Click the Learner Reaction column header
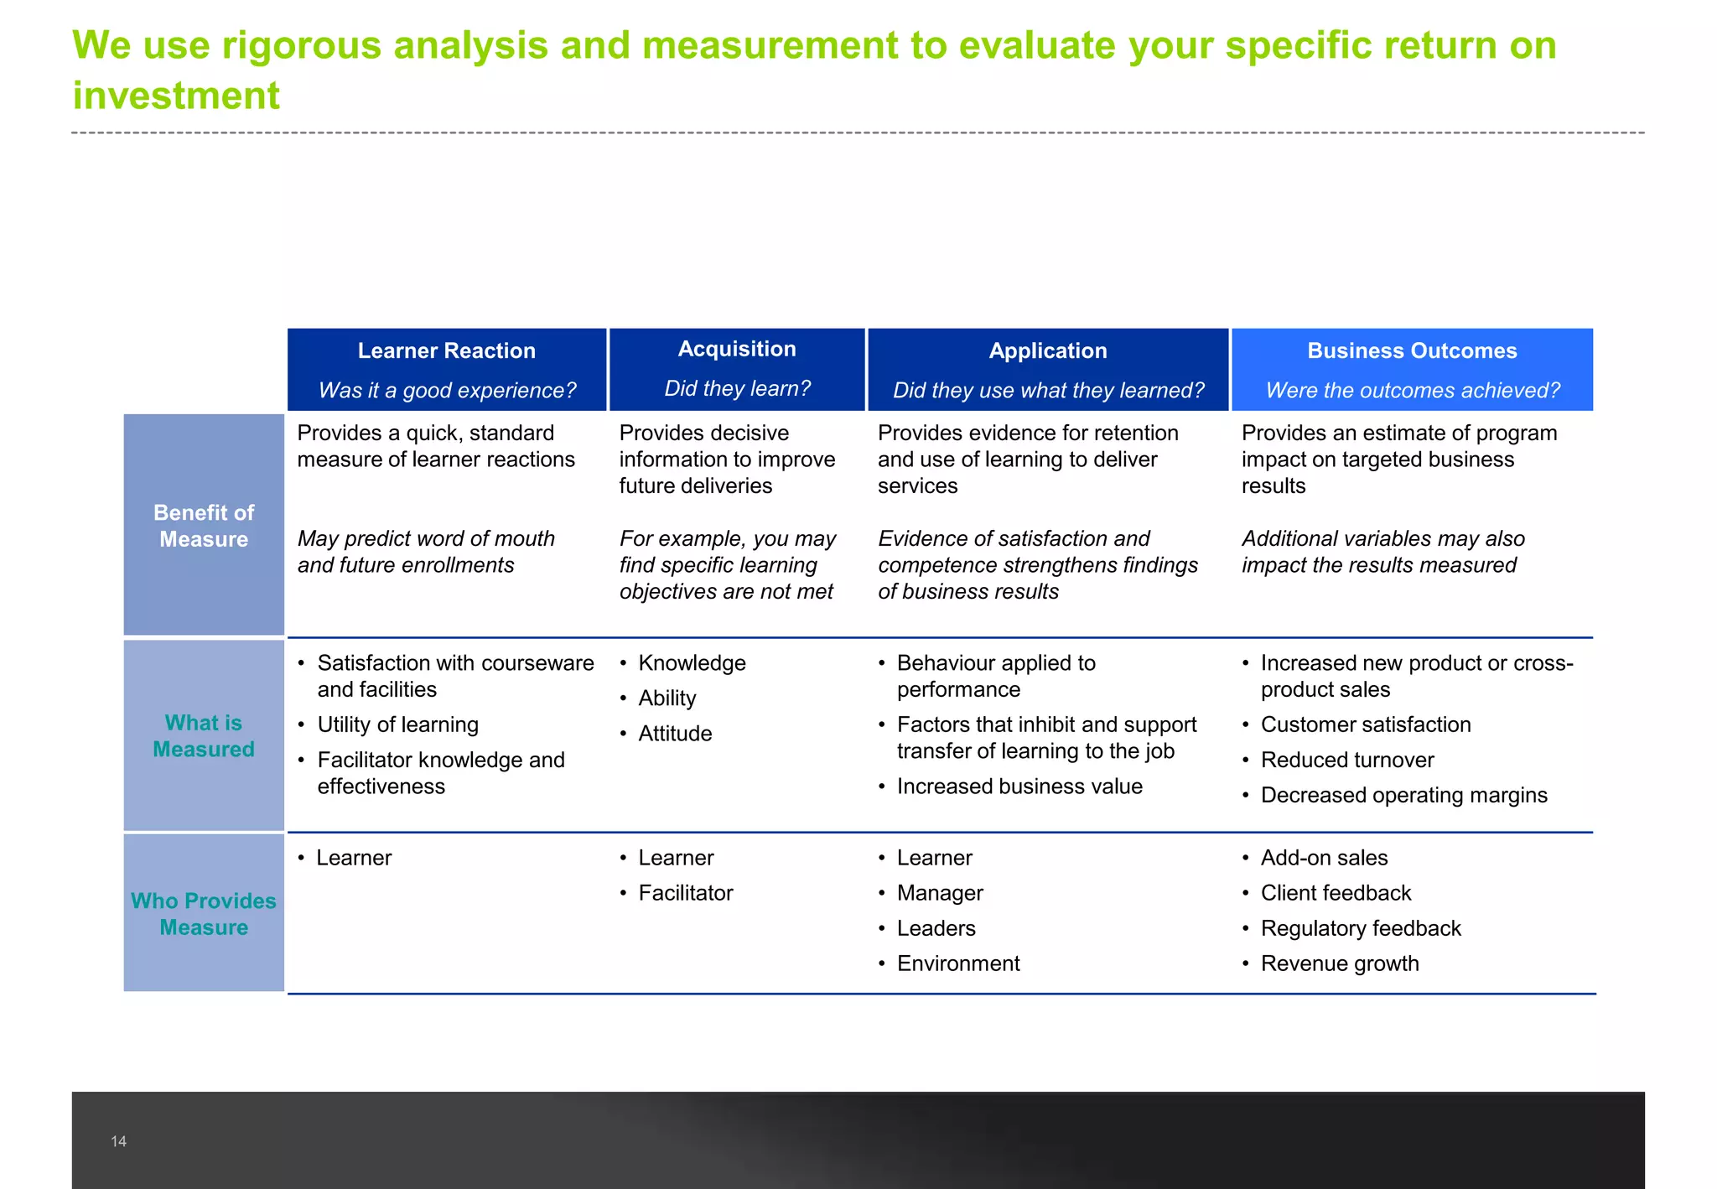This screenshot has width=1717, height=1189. coord(446,351)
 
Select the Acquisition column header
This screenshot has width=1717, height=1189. coord(736,350)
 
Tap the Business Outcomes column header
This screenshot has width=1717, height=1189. coord(1411,351)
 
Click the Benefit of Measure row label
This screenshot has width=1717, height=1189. coord(204,526)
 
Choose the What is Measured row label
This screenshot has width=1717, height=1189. coord(204,735)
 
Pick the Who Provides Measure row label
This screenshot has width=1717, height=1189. coord(204,913)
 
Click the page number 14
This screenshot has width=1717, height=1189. coord(118,1141)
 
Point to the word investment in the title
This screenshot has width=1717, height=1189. coord(176,96)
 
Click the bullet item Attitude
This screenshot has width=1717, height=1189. coord(675,734)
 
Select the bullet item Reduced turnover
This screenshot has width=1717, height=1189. coord(1346,760)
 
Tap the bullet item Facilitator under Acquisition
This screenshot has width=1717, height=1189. coord(685,893)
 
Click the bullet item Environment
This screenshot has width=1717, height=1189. coord(957,963)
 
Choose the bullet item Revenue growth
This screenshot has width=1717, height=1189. coord(1339,963)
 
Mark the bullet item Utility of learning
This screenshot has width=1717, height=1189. coord(397,724)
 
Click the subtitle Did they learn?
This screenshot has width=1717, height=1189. coord(736,389)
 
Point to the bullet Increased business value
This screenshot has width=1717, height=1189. coord(1019,787)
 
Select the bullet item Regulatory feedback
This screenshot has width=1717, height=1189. coord(1360,928)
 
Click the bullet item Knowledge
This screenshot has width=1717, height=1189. coord(692,663)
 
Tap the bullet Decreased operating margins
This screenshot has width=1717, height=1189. coord(1403,795)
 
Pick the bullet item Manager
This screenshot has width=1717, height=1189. coord(939,893)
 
